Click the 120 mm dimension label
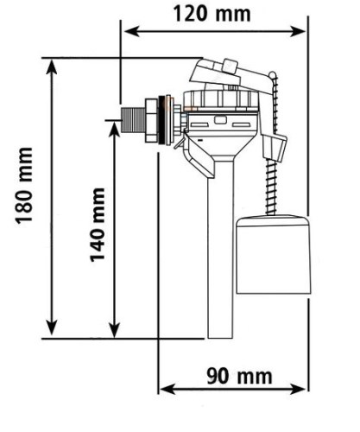[212, 14]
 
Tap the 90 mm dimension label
[239, 376]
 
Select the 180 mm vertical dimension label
[24, 186]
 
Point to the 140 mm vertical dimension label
[97, 225]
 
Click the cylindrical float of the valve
[273, 255]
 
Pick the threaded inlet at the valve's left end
[133, 120]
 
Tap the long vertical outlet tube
[220, 249]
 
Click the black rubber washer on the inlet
[164, 120]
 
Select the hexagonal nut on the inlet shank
[152, 120]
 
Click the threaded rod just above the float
[271, 187]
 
